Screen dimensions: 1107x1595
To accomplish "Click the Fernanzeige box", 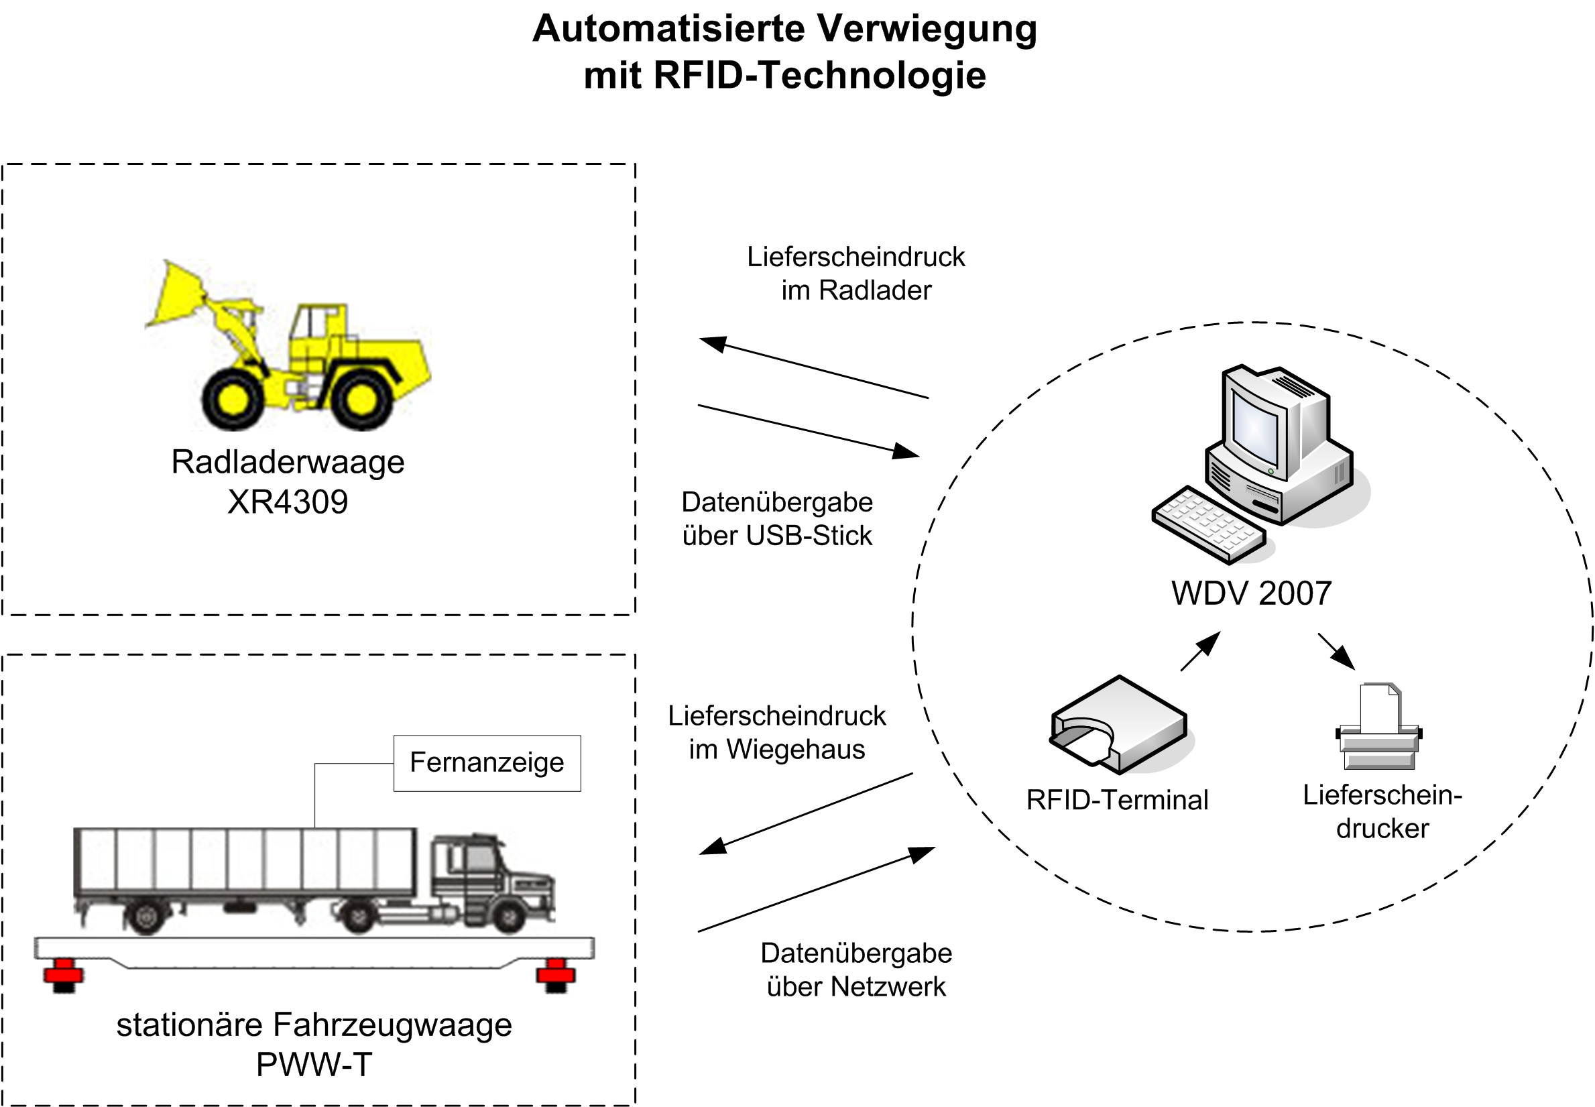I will point(487,762).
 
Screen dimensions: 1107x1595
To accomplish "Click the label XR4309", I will point(288,502).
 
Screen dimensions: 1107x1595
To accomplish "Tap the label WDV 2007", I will point(1251,593).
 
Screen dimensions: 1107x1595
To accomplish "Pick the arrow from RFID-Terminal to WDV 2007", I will point(1200,651).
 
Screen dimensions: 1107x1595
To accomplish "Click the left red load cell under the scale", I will point(63,974).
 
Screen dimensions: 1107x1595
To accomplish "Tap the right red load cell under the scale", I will point(556,974).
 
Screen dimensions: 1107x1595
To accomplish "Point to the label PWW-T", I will point(314,1064).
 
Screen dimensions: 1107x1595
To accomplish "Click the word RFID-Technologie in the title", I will point(819,75).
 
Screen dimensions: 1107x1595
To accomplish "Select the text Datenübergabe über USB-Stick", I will point(776,519).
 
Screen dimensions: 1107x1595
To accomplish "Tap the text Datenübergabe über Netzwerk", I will point(855,970).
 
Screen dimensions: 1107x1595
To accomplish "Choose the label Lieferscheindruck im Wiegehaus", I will point(776,732).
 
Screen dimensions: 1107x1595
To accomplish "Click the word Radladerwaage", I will point(288,462).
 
